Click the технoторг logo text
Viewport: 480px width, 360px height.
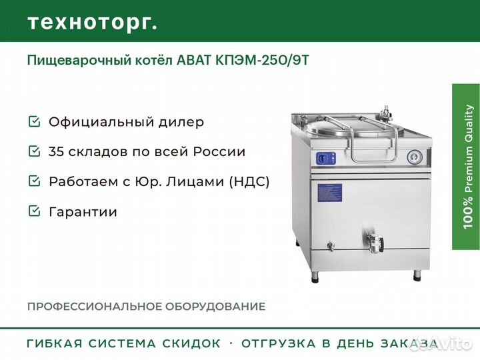(93, 23)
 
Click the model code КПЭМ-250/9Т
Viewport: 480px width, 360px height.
(263, 60)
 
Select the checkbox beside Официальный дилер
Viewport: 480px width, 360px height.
(34, 121)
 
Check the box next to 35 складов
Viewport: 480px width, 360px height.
(34, 151)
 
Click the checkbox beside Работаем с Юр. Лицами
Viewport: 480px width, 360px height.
(34, 181)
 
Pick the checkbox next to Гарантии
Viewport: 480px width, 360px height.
(34, 211)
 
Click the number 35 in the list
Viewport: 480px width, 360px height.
(56, 151)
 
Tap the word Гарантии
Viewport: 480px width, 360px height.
(83, 212)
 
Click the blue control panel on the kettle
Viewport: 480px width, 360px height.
(326, 158)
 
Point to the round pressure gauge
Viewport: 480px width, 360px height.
(415, 157)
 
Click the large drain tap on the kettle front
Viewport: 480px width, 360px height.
(375, 243)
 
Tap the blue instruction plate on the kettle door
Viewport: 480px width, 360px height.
(329, 193)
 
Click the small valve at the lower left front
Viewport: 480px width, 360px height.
(331, 246)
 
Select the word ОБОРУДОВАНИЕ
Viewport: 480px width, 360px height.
(215, 307)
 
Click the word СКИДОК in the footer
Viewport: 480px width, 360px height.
(191, 343)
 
